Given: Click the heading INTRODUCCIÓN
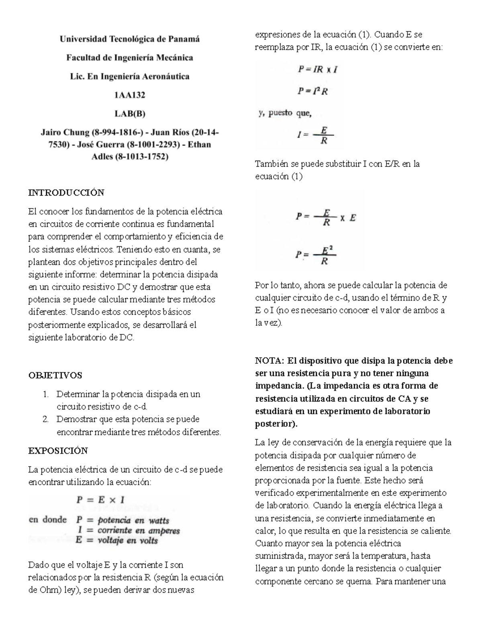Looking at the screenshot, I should [x=66, y=193].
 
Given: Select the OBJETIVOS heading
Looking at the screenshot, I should [x=55, y=375].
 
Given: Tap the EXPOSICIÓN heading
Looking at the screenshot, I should [x=58, y=450].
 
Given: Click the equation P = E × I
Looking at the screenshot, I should [x=100, y=500].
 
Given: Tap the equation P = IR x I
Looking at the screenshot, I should [x=317, y=70].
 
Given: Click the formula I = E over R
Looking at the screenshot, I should [x=315, y=135].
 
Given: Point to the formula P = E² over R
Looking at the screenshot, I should [x=316, y=255].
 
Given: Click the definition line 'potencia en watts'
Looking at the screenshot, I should [x=123, y=520].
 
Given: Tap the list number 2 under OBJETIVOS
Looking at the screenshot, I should [x=45, y=419].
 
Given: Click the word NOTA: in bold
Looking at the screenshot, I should [x=270, y=360].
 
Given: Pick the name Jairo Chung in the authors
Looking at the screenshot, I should [x=65, y=132].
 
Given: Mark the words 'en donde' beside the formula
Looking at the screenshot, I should [x=47, y=520].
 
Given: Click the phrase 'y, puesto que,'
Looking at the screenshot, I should [x=284, y=114].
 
